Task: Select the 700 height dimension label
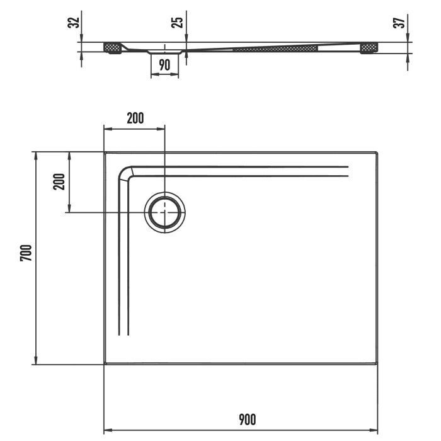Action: pos(25,253)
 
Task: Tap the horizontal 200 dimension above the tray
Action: pos(135,118)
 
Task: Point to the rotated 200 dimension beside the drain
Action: pos(59,181)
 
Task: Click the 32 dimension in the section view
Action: pos(74,23)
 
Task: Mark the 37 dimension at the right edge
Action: pos(398,23)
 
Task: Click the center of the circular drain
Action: pos(164,212)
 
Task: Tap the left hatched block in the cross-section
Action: pos(113,47)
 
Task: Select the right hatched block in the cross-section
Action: pos(369,47)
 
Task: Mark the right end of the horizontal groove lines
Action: pos(347,171)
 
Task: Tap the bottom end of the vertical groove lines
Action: pos(123,334)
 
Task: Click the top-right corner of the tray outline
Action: pos(377,152)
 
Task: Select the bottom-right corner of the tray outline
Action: pos(377,364)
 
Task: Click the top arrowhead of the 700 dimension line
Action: pos(35,155)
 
